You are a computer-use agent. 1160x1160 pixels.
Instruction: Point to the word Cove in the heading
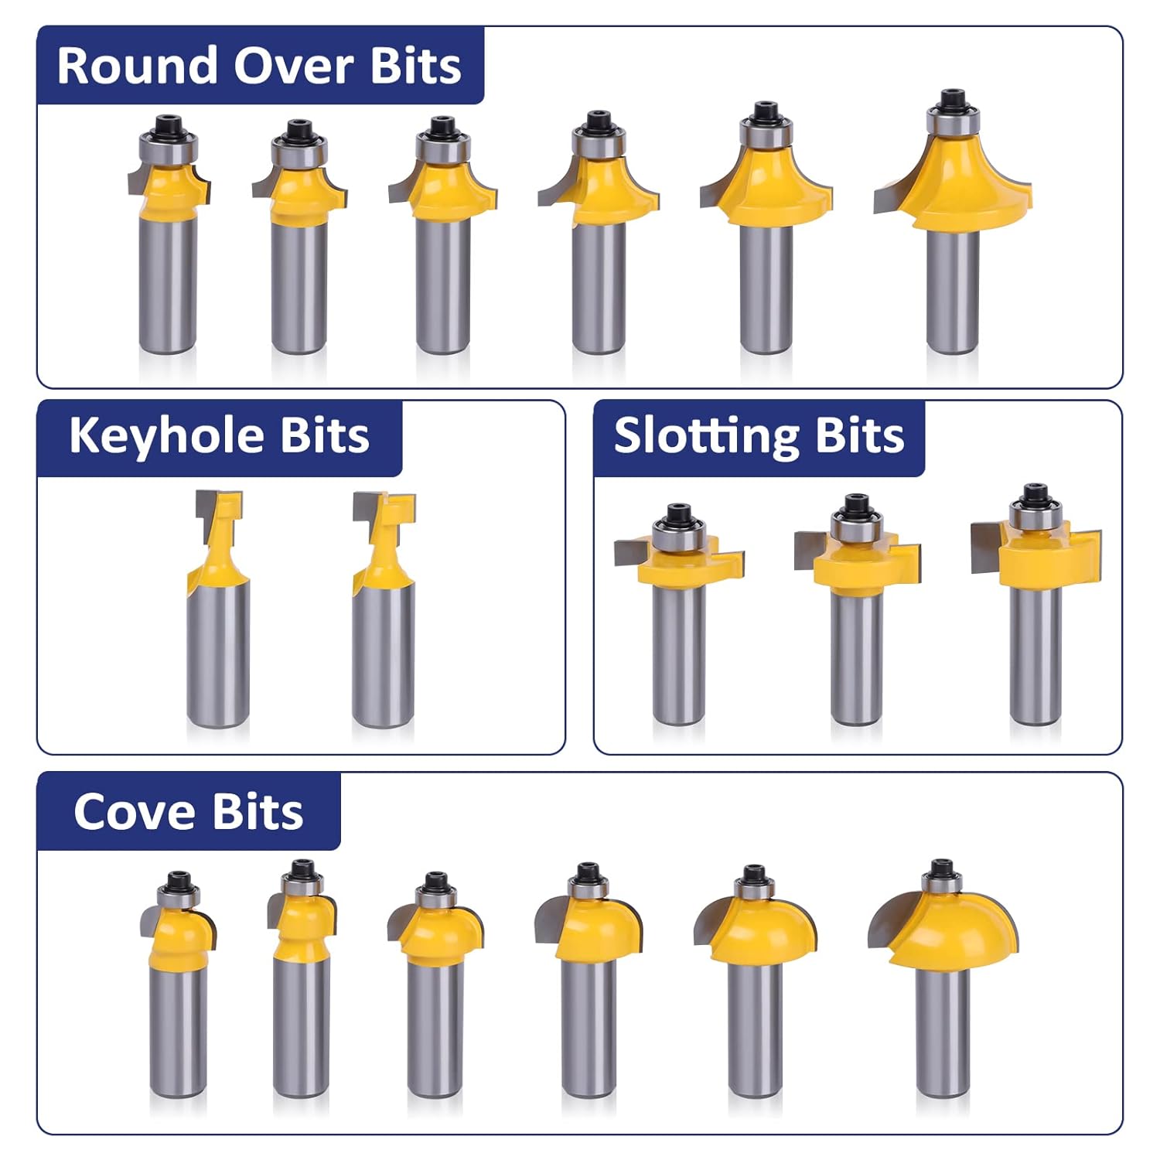point(134,812)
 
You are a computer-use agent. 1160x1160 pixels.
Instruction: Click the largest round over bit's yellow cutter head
point(967,186)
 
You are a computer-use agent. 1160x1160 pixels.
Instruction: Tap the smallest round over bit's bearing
point(169,147)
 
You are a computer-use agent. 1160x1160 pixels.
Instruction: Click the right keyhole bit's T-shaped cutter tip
point(384,507)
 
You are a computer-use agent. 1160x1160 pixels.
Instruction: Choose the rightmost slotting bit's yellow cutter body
point(1036,557)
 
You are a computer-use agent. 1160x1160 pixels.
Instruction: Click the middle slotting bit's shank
point(857,657)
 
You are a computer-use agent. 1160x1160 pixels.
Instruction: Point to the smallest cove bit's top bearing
point(179,896)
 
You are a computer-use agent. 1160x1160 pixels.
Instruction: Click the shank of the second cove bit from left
point(301,1029)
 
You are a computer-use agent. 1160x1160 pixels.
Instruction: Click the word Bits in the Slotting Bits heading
point(858,435)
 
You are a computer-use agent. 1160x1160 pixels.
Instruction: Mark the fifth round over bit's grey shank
point(766,290)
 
